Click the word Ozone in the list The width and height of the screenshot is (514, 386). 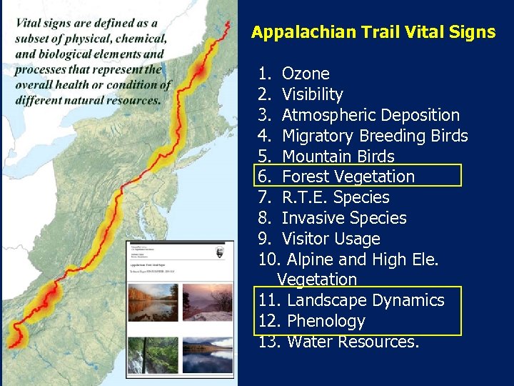(306, 74)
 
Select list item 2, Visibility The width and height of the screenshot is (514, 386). (312, 94)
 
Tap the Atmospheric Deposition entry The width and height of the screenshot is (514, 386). (371, 115)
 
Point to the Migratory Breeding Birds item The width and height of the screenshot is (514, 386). (375, 136)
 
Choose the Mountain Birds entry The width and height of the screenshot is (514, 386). (338, 157)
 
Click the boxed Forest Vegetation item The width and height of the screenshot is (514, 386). (348, 177)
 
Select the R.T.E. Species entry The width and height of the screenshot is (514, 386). (336, 197)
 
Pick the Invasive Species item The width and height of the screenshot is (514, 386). (344, 218)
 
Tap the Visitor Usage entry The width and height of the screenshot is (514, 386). (331, 239)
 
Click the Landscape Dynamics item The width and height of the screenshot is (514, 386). (365, 300)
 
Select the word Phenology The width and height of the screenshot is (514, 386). (326, 321)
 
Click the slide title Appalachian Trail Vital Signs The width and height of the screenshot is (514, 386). (373, 32)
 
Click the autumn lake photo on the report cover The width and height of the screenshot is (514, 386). (153, 302)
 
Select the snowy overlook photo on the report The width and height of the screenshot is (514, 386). (207, 302)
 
